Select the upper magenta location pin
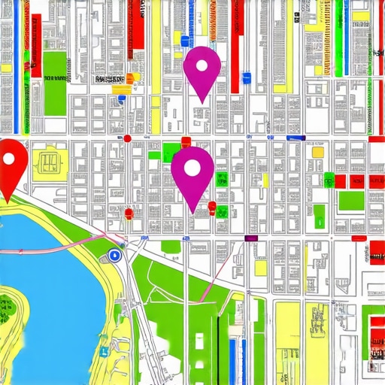tap(202, 69)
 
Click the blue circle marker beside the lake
tap(115, 255)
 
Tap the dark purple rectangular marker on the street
tap(251, 238)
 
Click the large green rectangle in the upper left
tap(54, 80)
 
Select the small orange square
tap(129, 77)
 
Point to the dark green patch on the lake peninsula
tap(7, 306)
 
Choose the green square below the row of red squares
tap(350, 201)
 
